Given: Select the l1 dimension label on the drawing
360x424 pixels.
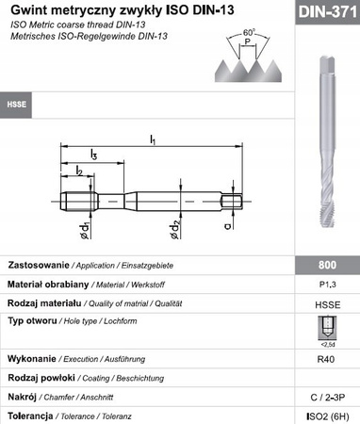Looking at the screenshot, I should [x=153, y=140].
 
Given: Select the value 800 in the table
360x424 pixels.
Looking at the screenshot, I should [x=323, y=265].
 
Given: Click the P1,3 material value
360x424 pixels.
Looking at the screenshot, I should [x=323, y=284].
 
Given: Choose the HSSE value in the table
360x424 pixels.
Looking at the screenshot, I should [x=323, y=304].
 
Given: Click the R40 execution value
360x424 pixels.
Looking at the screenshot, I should [x=323, y=360].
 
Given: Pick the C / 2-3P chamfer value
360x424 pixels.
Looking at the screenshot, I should [x=323, y=398].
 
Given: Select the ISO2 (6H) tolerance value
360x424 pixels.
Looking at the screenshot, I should [x=323, y=416].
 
